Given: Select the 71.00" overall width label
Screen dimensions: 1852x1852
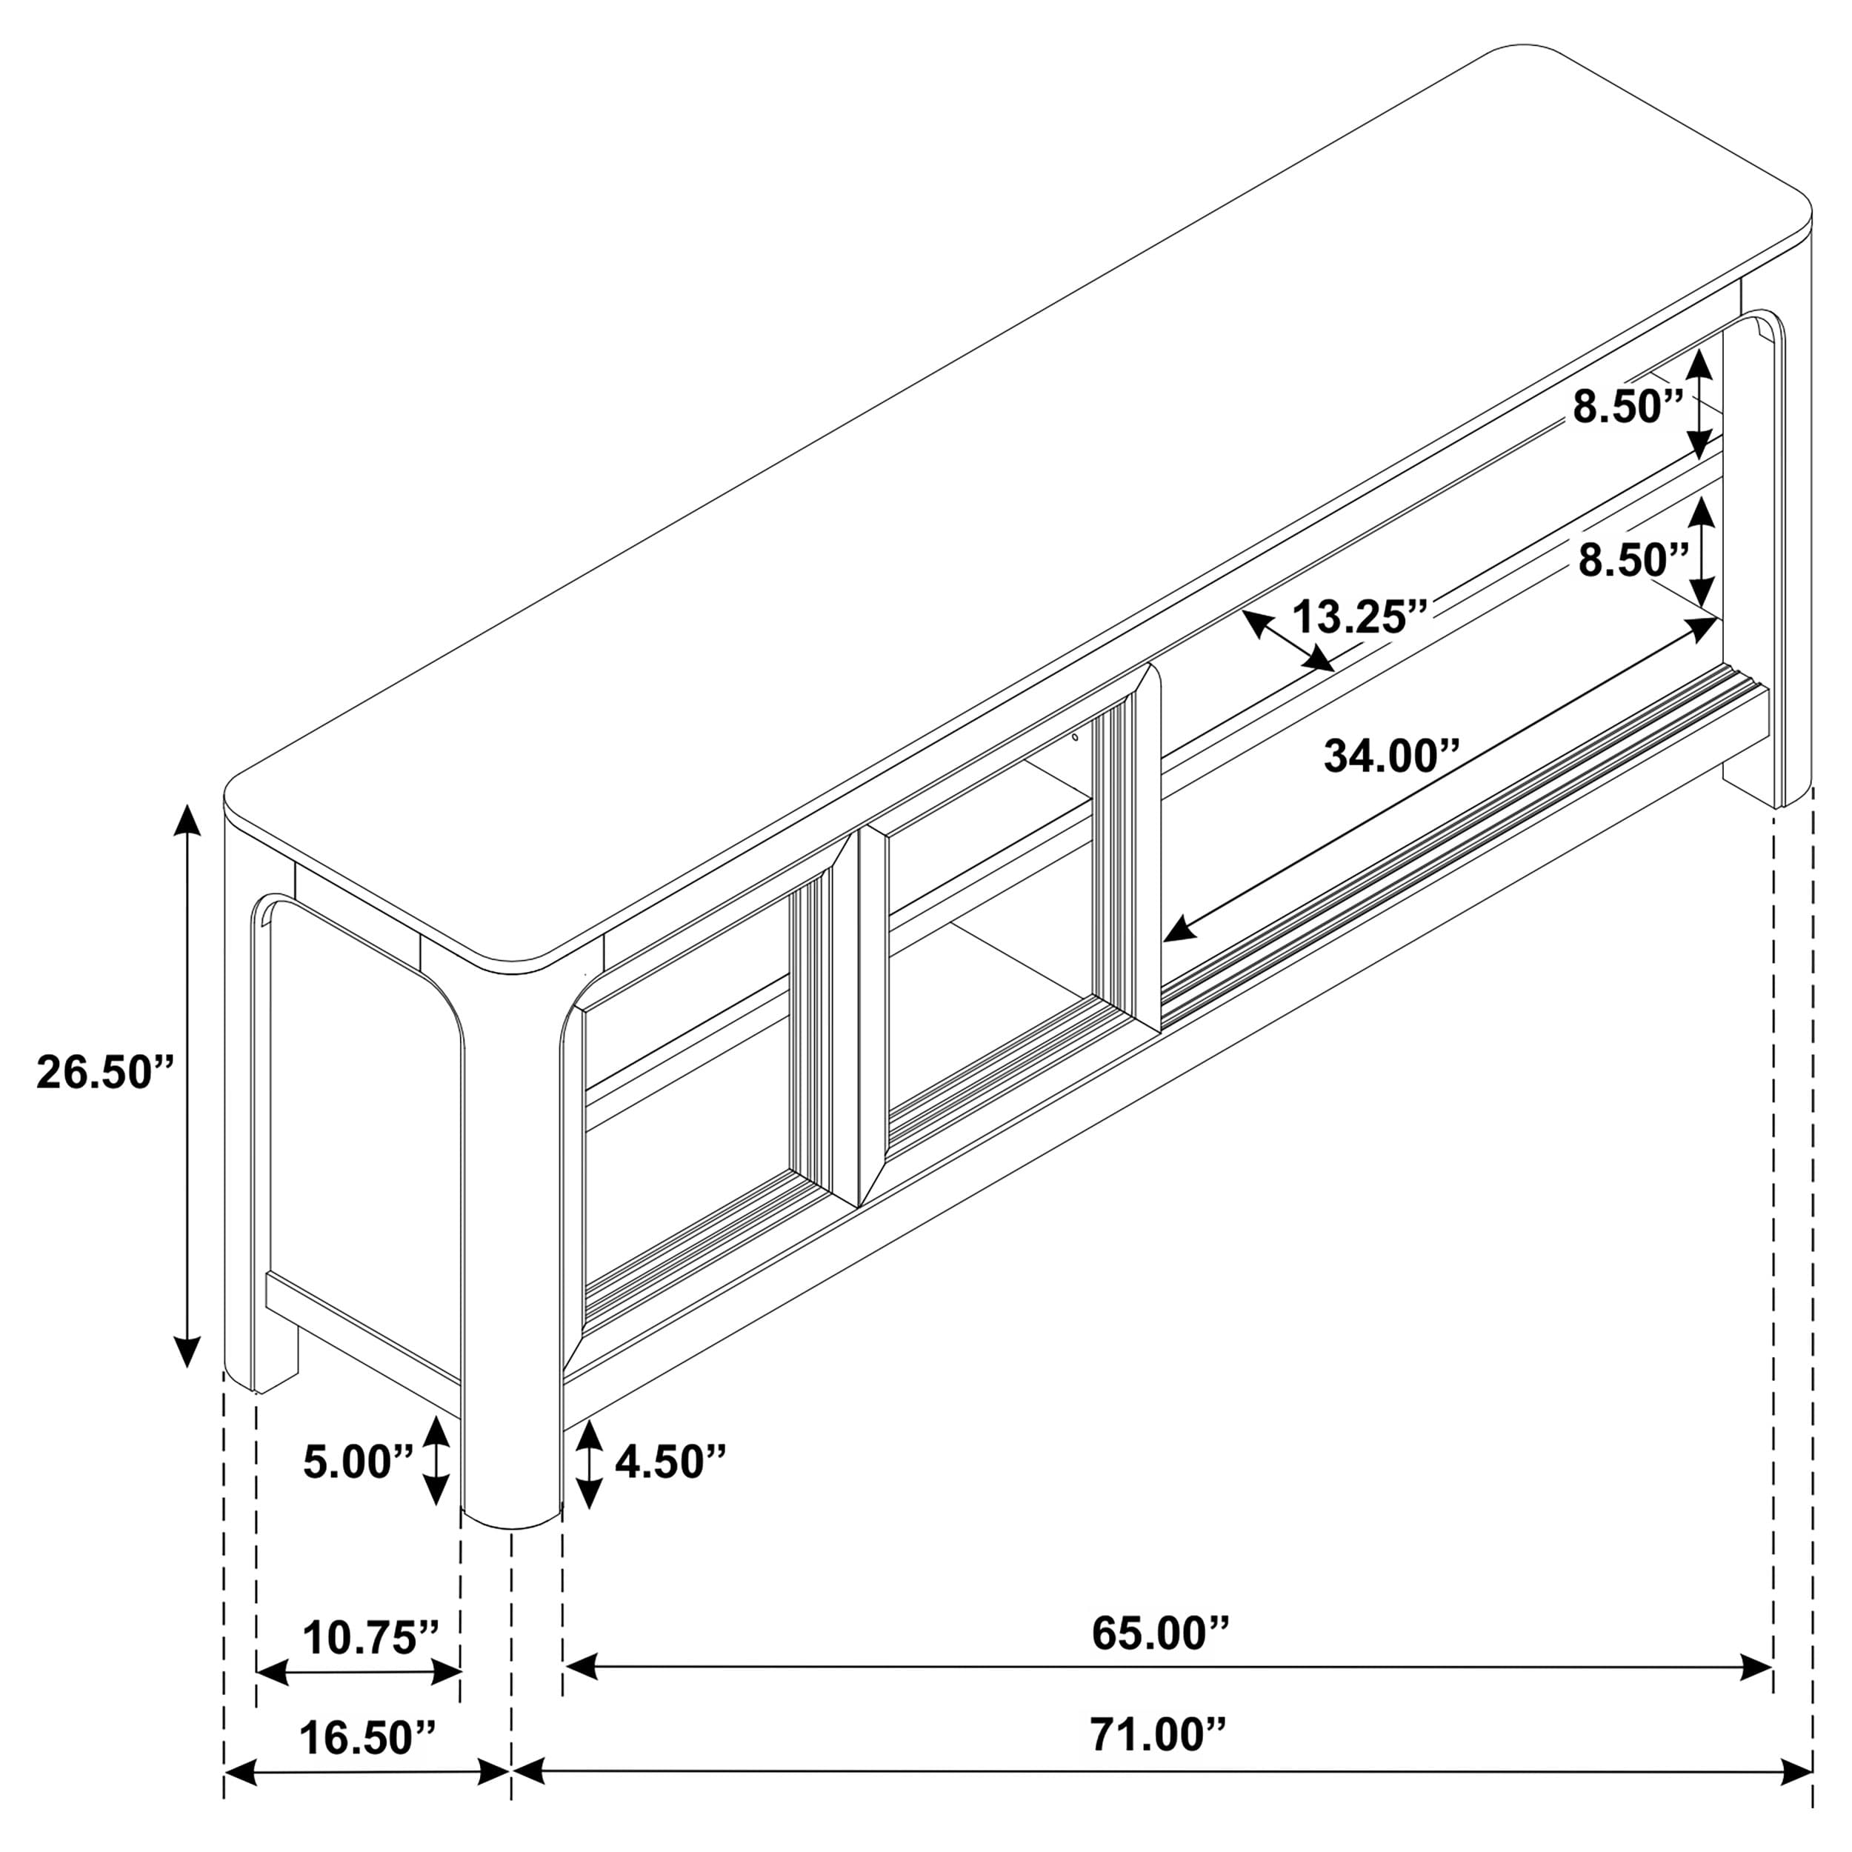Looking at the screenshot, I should click(x=1157, y=1735).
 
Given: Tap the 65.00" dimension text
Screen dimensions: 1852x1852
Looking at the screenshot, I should click(x=1160, y=1633).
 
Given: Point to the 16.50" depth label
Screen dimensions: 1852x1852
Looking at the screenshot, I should click(x=367, y=1737).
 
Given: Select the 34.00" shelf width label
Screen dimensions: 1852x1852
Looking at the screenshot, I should click(x=1391, y=756).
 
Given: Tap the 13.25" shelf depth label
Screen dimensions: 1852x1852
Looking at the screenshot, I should click(x=1360, y=616).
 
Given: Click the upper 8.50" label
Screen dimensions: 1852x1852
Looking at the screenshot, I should click(x=1628, y=407).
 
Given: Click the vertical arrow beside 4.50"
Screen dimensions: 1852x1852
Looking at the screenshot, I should click(x=589, y=1464).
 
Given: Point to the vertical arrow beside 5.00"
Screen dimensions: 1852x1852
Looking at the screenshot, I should click(x=436, y=1461).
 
